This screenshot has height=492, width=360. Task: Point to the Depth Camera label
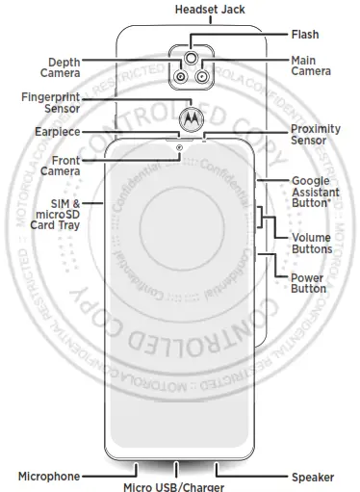(x=60, y=66)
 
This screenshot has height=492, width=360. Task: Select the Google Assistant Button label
(x=317, y=193)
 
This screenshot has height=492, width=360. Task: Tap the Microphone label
(x=49, y=476)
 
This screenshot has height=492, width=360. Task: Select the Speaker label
(x=312, y=476)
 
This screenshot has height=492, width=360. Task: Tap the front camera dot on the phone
(x=179, y=146)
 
